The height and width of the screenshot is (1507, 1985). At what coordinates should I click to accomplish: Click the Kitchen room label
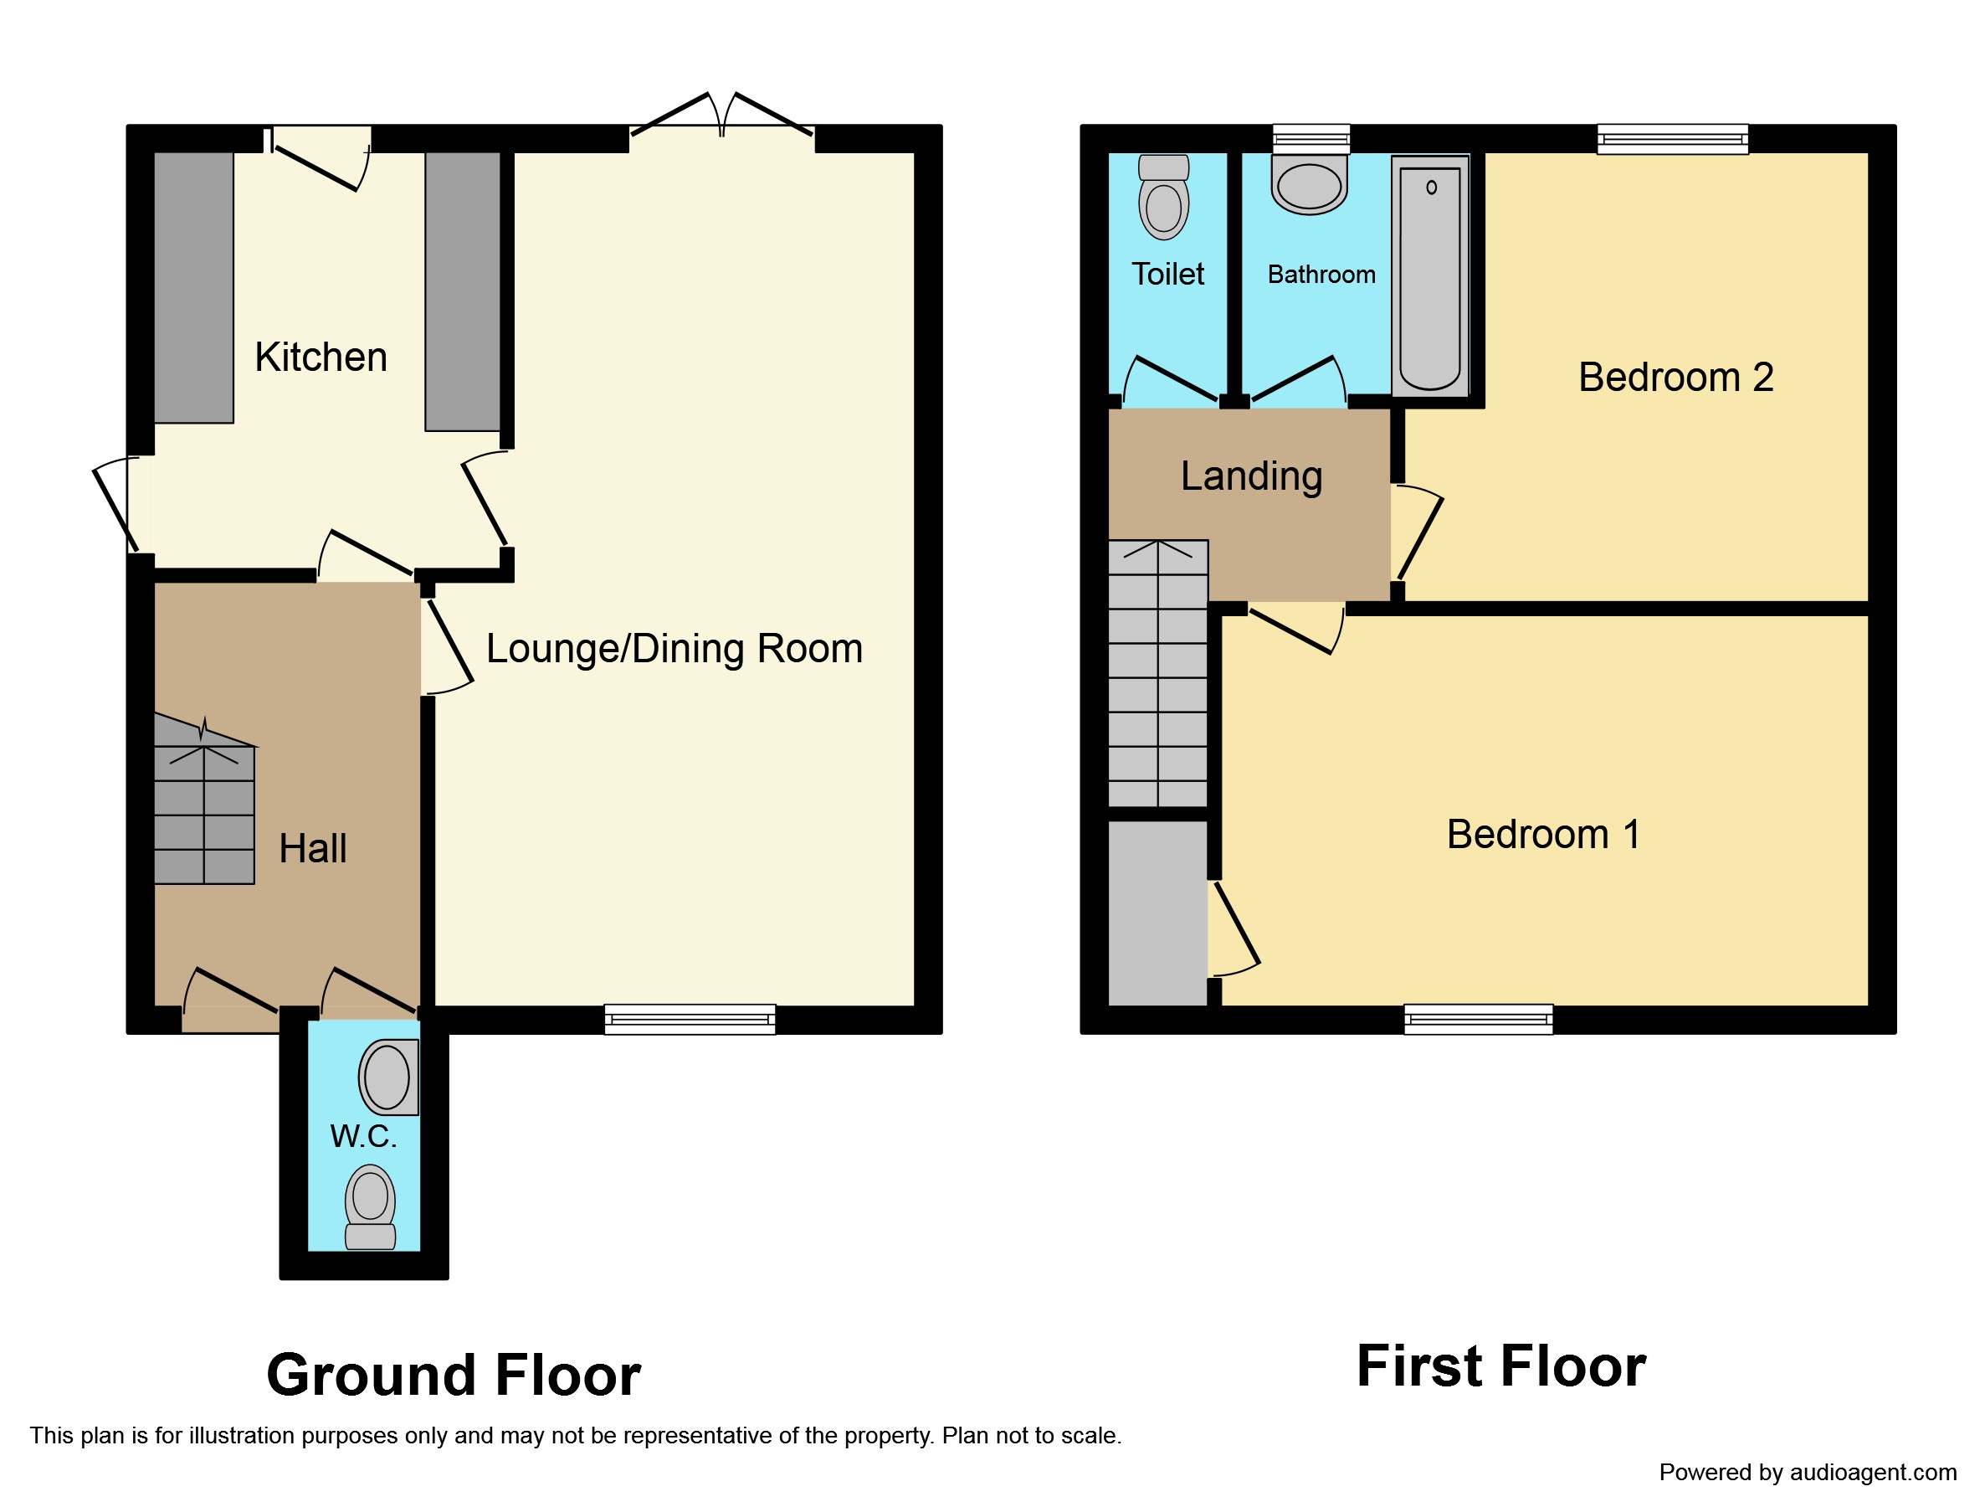[x=321, y=357]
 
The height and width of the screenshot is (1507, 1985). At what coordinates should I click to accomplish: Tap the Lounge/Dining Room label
[x=674, y=649]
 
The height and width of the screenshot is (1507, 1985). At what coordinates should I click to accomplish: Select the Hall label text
[x=312, y=848]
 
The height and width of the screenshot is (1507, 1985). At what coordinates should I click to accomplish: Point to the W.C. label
[x=363, y=1136]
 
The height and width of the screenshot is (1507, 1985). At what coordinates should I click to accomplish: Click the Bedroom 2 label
[x=1675, y=377]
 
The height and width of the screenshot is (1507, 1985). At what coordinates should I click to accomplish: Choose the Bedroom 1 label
[x=1543, y=835]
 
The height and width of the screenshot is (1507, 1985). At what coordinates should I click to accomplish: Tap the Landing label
[x=1251, y=476]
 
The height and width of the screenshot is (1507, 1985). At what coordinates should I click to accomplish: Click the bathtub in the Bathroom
[x=1430, y=275]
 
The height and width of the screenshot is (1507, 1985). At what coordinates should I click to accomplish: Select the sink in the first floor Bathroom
[x=1310, y=185]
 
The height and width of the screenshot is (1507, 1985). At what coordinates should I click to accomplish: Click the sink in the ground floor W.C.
[x=388, y=1077]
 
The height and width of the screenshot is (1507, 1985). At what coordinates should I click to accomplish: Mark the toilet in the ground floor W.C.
[x=371, y=1207]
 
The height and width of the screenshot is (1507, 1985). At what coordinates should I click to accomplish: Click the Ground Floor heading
[x=454, y=1375]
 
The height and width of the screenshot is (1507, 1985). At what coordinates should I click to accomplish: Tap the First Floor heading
[x=1501, y=1366]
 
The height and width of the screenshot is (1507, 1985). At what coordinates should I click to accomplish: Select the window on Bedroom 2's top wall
[x=1673, y=139]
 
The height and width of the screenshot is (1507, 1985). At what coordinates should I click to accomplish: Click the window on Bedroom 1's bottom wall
[x=1478, y=1020]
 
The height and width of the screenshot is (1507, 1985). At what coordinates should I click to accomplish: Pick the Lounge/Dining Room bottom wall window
[x=690, y=1020]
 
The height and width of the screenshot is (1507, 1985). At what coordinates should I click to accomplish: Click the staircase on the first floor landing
[x=1158, y=673]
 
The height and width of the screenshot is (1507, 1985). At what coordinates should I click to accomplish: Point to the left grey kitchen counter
[x=194, y=287]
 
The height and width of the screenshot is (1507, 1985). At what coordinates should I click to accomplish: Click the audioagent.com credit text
[x=1808, y=1472]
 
